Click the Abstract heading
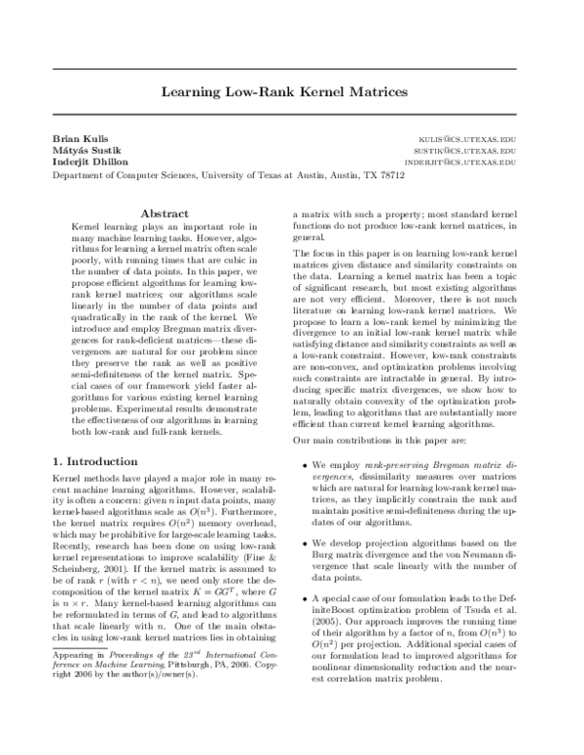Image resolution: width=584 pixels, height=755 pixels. pyautogui.click(x=164, y=213)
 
